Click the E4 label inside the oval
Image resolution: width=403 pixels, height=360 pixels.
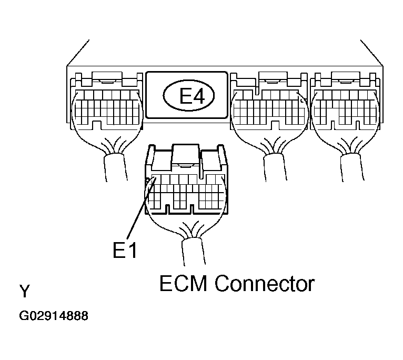coord(187,96)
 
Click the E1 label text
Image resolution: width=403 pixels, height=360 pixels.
coord(125,251)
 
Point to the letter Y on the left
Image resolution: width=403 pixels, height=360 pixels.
coord(24,291)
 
